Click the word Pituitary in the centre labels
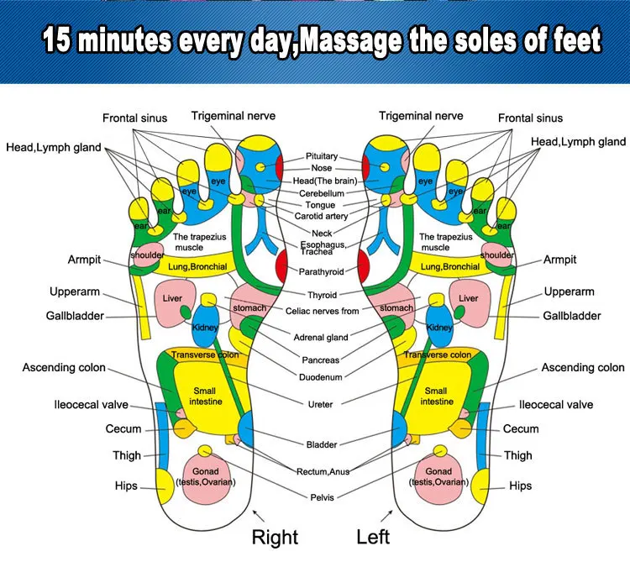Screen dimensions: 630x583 pyautogui.click(x=322, y=156)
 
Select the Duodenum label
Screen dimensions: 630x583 pyautogui.click(x=320, y=377)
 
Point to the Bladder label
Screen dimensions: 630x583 pyautogui.click(x=320, y=444)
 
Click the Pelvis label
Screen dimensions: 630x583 pyautogui.click(x=321, y=497)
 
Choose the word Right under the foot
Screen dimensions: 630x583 pyautogui.click(x=275, y=537)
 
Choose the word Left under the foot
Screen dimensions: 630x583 pyautogui.click(x=374, y=537)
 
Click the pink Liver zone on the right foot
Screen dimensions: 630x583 pyautogui.click(x=173, y=298)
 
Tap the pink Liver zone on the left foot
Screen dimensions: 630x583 pyautogui.click(x=468, y=298)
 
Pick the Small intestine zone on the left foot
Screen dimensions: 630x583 pyautogui.click(x=436, y=396)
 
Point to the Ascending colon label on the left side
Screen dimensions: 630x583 pyautogui.click(x=64, y=367)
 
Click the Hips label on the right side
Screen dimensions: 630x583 pyautogui.click(x=520, y=486)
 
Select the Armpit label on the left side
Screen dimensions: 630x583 pyautogui.click(x=84, y=260)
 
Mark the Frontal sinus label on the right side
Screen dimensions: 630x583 pyautogui.click(x=530, y=118)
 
